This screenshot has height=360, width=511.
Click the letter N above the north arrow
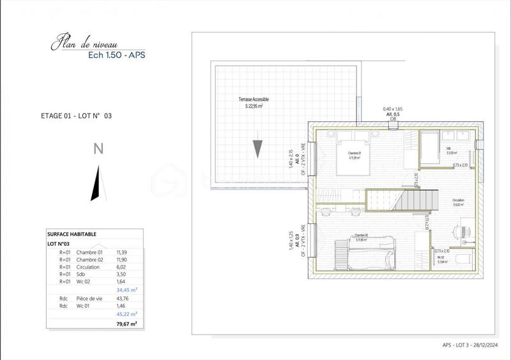(x=98, y=149)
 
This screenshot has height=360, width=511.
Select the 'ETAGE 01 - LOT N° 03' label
(x=76, y=116)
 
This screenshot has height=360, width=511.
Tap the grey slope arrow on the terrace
(x=256, y=147)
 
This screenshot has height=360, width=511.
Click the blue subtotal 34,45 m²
(x=126, y=289)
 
